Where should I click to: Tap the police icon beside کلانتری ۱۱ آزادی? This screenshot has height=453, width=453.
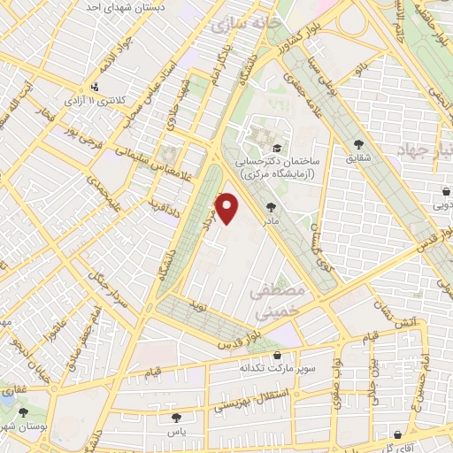coord(95,87)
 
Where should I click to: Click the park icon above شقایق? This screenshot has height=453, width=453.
coord(358,144)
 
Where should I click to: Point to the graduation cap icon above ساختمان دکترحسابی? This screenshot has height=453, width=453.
coord(277,148)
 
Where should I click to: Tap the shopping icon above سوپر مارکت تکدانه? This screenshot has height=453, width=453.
coord(277,356)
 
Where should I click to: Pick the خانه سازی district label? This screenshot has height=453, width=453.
coord(242,27)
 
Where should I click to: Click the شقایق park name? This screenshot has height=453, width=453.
coord(358,159)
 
